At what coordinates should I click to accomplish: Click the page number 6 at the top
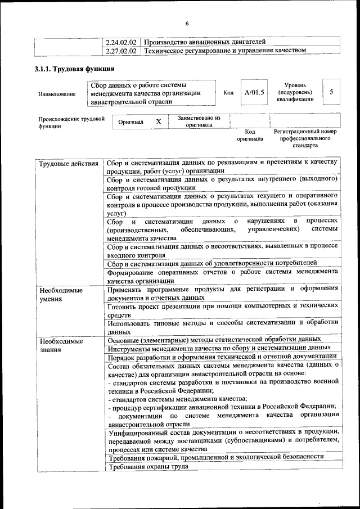187,23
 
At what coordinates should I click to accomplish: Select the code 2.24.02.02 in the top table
121,42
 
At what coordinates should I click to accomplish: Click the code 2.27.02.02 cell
121,50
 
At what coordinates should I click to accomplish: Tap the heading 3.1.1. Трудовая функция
72,69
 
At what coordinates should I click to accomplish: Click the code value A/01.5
254,93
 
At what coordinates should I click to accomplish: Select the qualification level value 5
331,92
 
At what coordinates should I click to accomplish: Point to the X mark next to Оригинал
159,121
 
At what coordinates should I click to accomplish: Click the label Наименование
57,94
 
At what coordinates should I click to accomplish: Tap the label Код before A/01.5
228,93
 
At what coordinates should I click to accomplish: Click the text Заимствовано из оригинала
199,121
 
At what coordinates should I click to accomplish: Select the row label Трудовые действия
68,163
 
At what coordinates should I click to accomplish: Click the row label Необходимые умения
60,294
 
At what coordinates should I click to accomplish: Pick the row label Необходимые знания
60,344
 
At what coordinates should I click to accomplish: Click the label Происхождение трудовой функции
71,123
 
